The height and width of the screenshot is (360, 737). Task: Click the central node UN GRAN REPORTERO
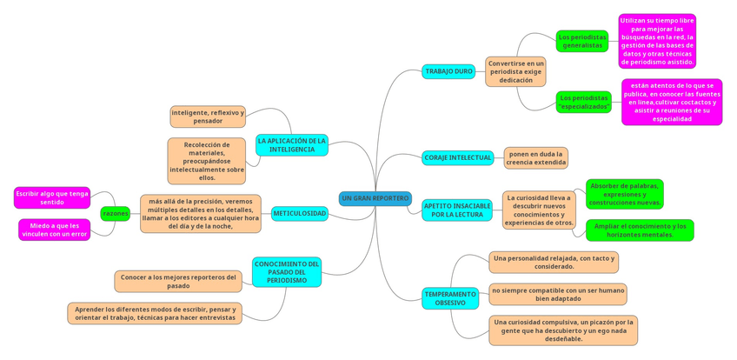[375, 198]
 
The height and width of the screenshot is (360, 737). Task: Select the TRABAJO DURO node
[448, 71]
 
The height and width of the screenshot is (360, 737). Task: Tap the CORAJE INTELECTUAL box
[458, 157]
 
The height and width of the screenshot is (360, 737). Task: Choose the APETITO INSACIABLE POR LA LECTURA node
[457, 210]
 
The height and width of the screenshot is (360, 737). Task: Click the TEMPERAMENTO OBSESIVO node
[450, 298]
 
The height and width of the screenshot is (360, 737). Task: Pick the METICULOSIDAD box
[300, 213]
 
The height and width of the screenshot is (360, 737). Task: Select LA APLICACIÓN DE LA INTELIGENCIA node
[292, 145]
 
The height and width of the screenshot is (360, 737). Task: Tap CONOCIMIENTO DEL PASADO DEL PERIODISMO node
[287, 271]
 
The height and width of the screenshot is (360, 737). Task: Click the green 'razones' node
[115, 213]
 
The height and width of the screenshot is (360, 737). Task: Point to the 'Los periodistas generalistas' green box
[581, 41]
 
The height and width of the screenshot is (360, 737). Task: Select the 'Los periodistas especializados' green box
[583, 102]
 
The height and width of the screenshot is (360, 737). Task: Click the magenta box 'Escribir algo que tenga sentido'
[52, 197]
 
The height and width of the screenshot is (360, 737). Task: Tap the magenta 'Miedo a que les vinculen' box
[54, 230]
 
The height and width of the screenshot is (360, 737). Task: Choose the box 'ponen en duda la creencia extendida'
[536, 157]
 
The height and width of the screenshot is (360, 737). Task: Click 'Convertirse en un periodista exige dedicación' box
[515, 71]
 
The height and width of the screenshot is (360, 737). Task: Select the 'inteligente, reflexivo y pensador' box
[208, 117]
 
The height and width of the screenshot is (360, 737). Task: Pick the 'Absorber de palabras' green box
[624, 194]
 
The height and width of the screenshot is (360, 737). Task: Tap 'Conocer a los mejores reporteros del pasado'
[178, 281]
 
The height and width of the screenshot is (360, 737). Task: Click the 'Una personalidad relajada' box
[554, 262]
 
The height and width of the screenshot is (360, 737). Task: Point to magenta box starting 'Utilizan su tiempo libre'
[657, 41]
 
